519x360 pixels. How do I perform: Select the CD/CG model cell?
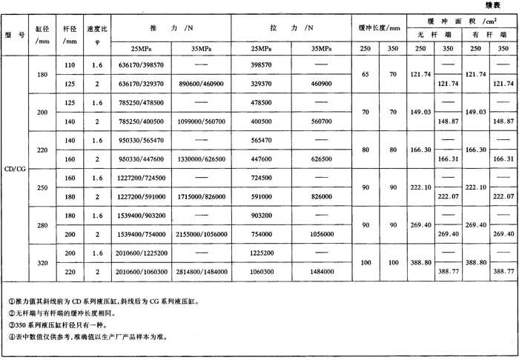[x=15, y=167]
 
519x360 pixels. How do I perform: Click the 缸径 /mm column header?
[x=42, y=34]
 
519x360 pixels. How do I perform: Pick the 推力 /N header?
[x=171, y=27]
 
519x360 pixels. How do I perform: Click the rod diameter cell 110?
[x=71, y=65]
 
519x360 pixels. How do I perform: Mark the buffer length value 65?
[x=365, y=75]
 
